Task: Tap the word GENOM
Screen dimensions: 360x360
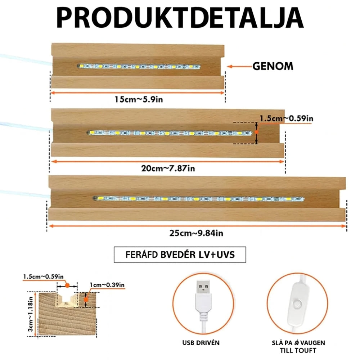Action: pyautogui.click(x=273, y=66)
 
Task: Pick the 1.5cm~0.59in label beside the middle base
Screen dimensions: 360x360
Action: pyautogui.click(x=286, y=118)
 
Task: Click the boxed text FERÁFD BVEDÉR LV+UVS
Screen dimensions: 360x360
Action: pyautogui.click(x=180, y=255)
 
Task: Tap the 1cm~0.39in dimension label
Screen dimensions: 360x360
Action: pyautogui.click(x=107, y=285)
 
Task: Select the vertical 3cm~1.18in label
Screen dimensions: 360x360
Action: pyautogui.click(x=31, y=314)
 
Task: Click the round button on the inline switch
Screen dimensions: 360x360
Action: pyautogui.click(x=297, y=305)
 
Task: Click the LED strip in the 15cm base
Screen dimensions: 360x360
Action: pyautogui.click(x=139, y=67)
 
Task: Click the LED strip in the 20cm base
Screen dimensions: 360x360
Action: pyautogui.click(x=169, y=133)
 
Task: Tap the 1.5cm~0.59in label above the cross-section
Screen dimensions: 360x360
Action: pyautogui.click(x=44, y=276)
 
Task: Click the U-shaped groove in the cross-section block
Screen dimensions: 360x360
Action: pyautogui.click(x=67, y=301)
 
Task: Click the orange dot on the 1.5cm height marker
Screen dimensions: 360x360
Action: pyautogui.click(x=256, y=132)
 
